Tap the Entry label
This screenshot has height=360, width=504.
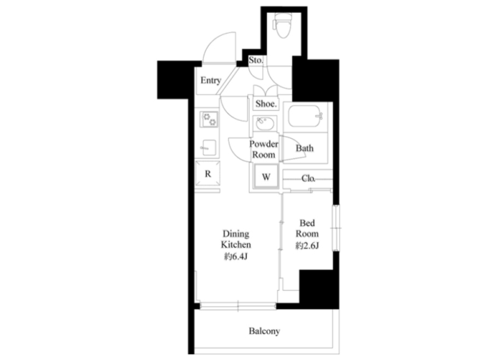(211, 80)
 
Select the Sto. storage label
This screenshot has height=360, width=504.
(256, 60)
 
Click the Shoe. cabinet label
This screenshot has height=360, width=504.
(266, 104)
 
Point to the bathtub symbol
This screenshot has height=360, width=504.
(305, 117)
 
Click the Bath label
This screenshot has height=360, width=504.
(305, 148)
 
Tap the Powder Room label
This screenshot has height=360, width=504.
(264, 149)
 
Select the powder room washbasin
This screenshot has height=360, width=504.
(265, 123)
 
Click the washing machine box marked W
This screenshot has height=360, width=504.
(266, 176)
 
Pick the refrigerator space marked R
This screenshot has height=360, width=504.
(208, 174)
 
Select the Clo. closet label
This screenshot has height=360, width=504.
(308, 179)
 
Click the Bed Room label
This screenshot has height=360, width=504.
(307, 228)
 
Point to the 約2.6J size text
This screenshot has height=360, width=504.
(307, 246)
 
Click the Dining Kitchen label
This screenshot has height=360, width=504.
(236, 239)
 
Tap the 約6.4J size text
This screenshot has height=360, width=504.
(235, 257)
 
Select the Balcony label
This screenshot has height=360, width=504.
(264, 330)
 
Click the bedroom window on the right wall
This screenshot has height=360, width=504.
(336, 228)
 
